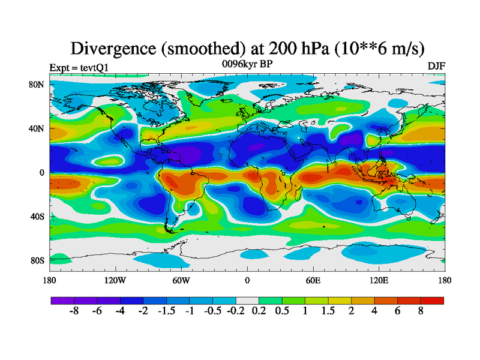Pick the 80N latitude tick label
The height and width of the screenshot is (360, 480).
tap(37, 85)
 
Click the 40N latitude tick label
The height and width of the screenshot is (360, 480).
tap(37, 128)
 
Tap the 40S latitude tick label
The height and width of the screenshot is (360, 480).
tap(38, 216)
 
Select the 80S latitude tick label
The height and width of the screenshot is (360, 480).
tap(38, 260)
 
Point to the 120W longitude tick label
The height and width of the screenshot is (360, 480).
tap(115, 280)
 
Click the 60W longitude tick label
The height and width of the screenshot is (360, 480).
tap(181, 280)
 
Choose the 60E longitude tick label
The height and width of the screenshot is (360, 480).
tap(313, 280)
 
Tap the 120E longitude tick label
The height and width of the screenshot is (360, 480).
tap(379, 280)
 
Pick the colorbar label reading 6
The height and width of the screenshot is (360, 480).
tap(398, 312)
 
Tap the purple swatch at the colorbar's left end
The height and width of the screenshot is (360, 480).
tap(62, 301)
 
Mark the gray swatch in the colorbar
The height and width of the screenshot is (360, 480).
tap(247, 301)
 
